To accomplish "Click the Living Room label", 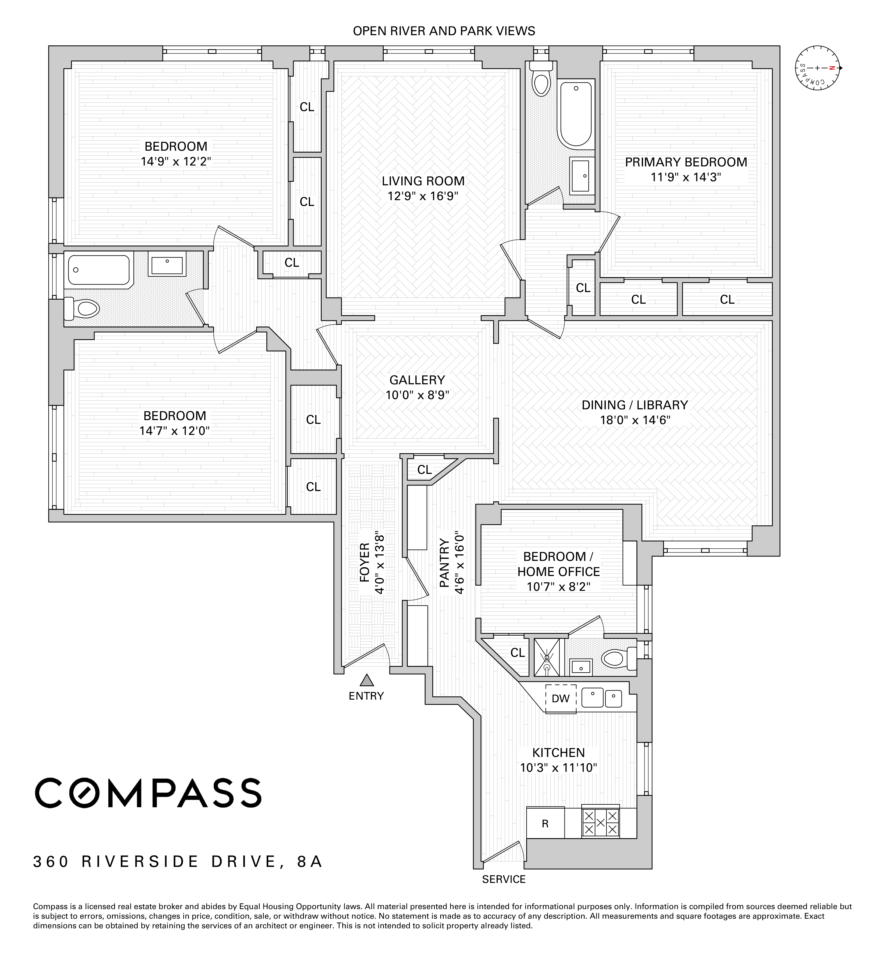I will click(x=423, y=181).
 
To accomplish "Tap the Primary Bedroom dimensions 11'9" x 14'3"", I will click(x=686, y=177).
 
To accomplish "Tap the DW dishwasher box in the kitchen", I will click(x=560, y=698).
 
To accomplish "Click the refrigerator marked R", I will click(x=545, y=824).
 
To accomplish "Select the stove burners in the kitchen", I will click(x=600, y=822).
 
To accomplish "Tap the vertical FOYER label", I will click(x=365, y=562).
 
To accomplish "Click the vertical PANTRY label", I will click(x=444, y=562).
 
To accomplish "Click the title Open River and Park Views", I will click(x=444, y=31).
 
